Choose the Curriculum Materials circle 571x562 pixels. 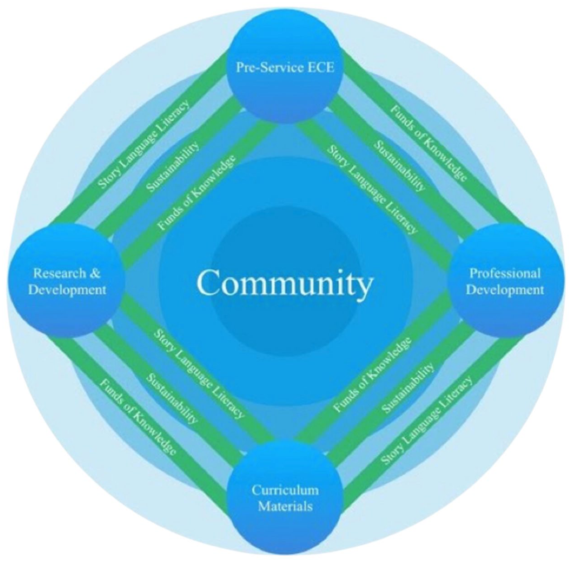[x=285, y=497]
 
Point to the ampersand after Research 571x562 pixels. [x=95, y=273]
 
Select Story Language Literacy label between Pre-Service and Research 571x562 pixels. [x=144, y=145]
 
